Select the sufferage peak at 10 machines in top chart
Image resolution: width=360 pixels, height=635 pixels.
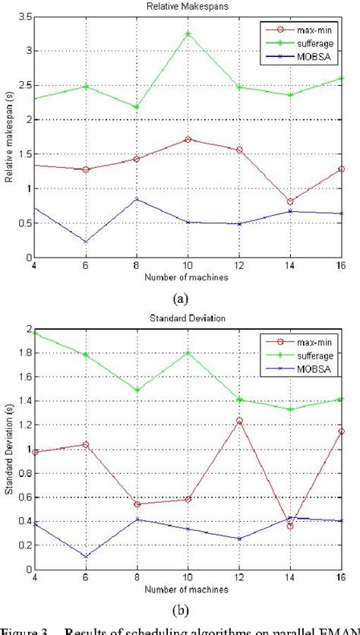(x=188, y=33)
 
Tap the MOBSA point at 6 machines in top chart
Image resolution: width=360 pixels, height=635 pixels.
(x=85, y=242)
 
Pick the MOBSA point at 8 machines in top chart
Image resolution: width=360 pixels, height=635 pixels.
(x=136, y=199)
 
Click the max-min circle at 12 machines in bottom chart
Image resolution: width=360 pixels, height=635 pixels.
(x=239, y=421)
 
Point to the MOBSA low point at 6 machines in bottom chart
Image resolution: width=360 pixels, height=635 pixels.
(x=85, y=556)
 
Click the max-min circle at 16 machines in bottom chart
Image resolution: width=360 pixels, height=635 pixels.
(x=341, y=431)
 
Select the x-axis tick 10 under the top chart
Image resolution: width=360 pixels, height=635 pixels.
(x=188, y=267)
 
